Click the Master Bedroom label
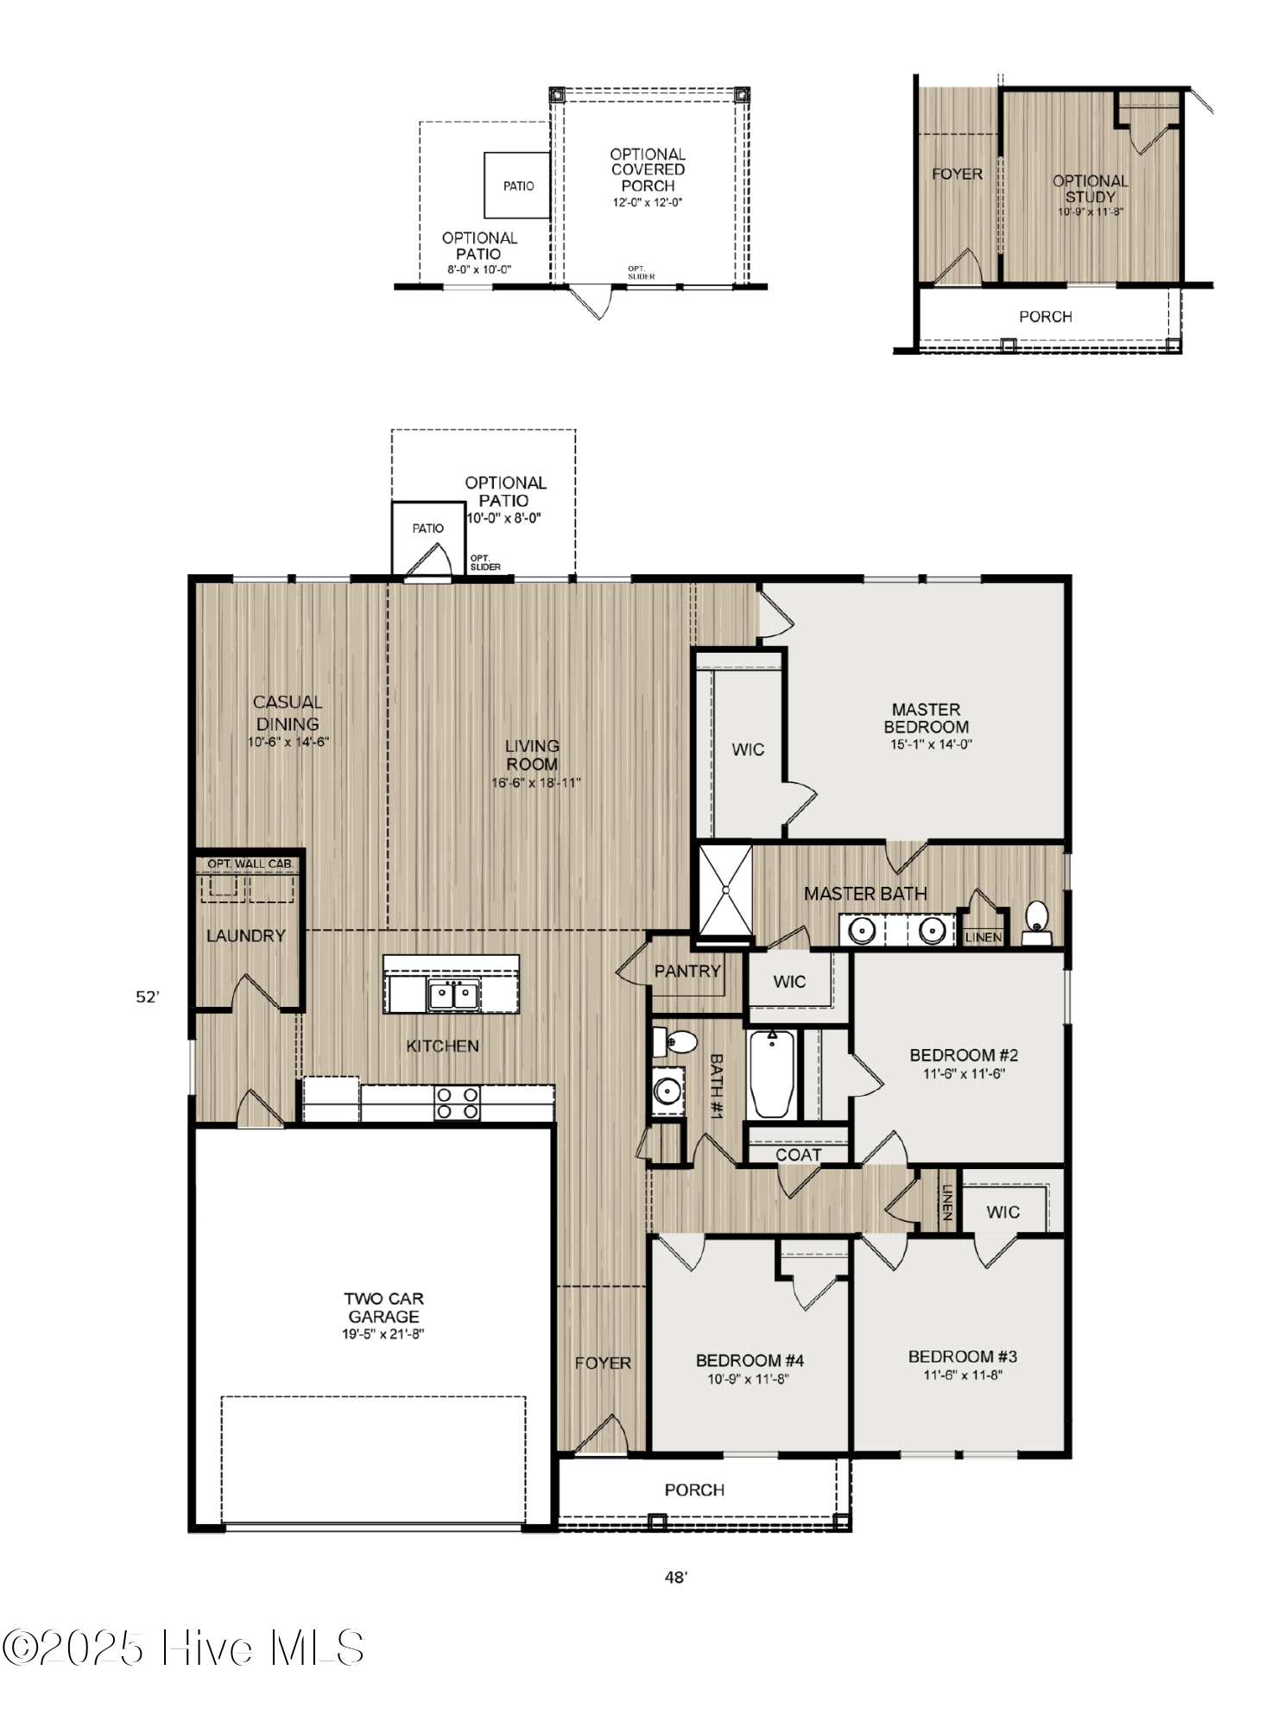(926, 718)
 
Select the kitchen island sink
(453, 995)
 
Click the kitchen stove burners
(458, 1103)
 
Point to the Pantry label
(686, 971)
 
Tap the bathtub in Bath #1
(773, 1075)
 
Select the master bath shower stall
(725, 889)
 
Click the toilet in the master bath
(1035, 921)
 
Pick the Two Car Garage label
(383, 1307)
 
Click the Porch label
(694, 1490)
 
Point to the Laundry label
(246, 936)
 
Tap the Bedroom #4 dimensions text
(749, 1379)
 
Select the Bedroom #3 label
(963, 1357)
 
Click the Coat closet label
(798, 1154)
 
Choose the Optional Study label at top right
(1090, 188)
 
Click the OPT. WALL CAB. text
(250, 863)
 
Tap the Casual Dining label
(288, 713)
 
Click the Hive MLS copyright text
(187, 1648)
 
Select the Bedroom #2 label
(964, 1055)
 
